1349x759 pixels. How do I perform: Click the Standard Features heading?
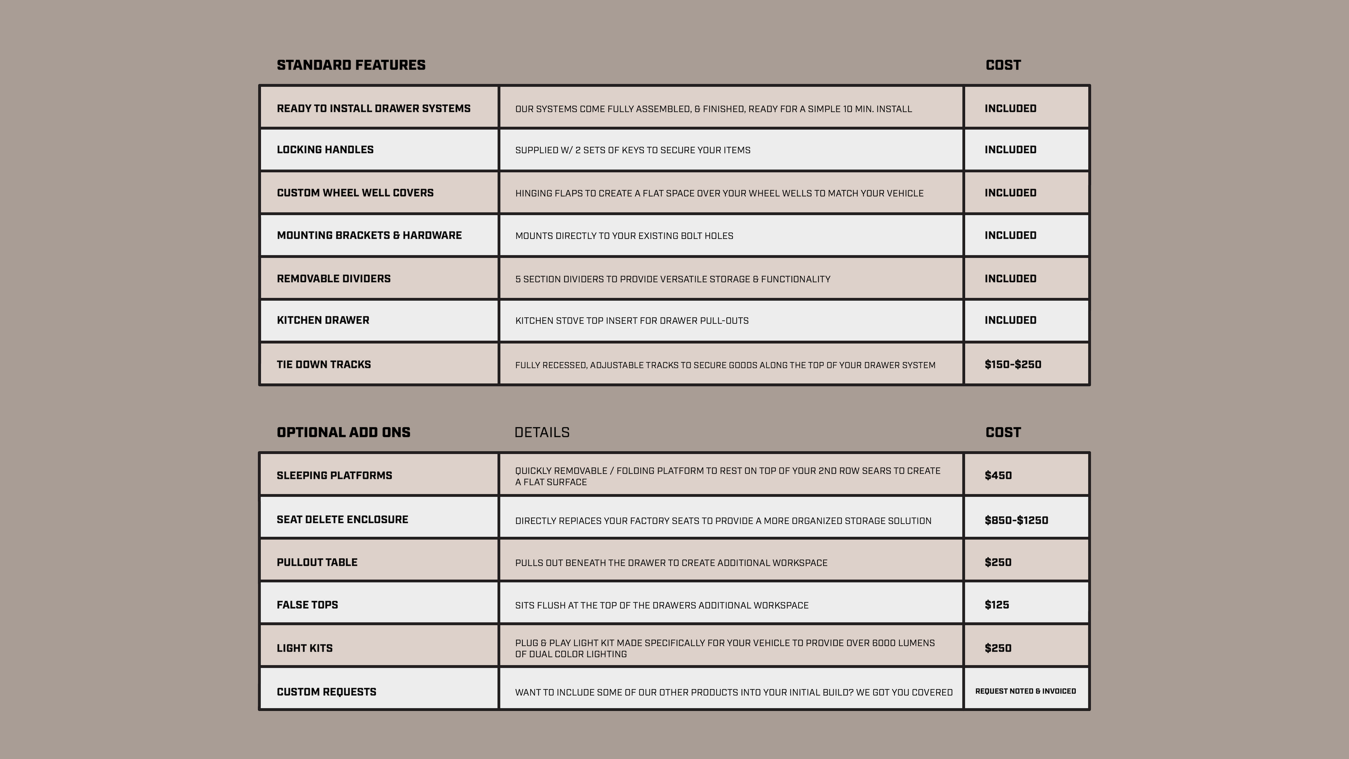click(351, 65)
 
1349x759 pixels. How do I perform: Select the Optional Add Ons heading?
click(344, 433)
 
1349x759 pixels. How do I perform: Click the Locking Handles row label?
click(325, 150)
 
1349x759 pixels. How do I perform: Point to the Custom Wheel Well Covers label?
click(355, 193)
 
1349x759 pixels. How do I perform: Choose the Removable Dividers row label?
click(334, 279)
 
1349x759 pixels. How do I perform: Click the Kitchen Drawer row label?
click(322, 320)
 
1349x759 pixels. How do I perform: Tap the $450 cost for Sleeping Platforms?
click(998, 476)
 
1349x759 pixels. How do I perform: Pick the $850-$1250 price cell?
click(1016, 520)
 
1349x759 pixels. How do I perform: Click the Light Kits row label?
click(304, 648)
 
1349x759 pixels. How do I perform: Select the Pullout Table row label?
click(317, 563)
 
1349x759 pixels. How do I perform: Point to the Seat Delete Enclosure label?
click(342, 520)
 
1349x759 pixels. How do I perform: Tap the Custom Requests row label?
click(326, 692)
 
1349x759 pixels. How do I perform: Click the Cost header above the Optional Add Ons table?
click(1003, 433)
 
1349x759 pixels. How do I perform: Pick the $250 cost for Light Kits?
click(998, 648)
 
